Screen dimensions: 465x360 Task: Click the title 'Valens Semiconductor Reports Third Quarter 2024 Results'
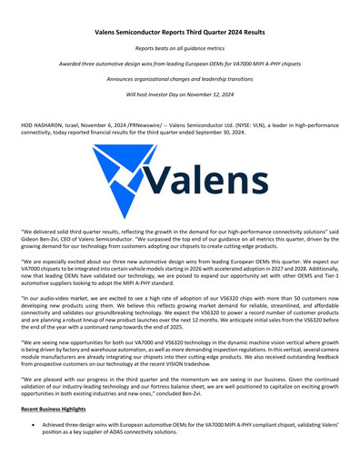(180, 31)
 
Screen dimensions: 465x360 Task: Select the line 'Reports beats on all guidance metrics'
(180, 47)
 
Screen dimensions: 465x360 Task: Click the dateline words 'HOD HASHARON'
(42, 123)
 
